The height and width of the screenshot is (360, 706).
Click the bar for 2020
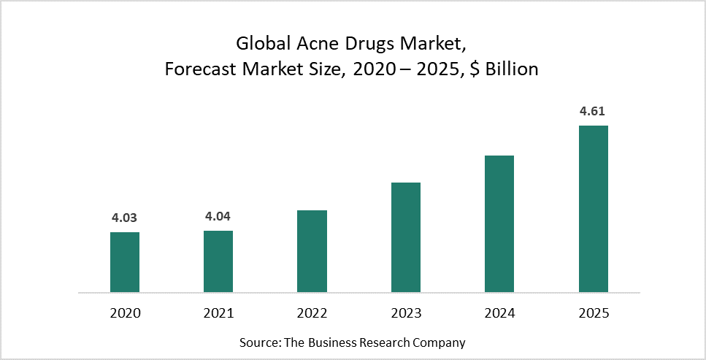tap(125, 262)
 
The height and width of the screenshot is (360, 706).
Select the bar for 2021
tap(218, 261)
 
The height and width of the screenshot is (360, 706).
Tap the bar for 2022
tap(312, 251)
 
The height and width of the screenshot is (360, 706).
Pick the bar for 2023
tap(406, 237)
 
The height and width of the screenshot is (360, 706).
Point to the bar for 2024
tap(499, 223)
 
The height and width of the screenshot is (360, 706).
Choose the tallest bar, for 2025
tap(594, 209)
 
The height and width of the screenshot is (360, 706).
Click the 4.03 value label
tap(124, 218)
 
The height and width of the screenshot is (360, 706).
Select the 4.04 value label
tap(218, 216)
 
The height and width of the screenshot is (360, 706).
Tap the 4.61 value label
tap(593, 112)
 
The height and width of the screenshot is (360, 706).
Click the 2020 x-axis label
tap(125, 313)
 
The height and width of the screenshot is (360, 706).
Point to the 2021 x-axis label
tap(218, 313)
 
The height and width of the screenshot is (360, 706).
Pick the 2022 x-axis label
tap(312, 313)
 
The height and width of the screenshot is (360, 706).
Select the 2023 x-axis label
tap(406, 313)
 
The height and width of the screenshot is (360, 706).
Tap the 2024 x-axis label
tap(499, 313)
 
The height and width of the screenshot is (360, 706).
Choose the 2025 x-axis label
tap(594, 313)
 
